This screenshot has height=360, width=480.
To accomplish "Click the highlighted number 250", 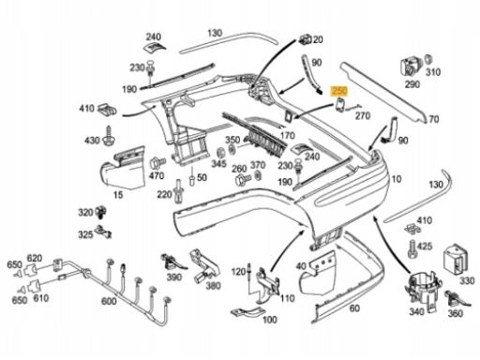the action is [x=339, y=91].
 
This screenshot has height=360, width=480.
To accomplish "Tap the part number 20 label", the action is [x=318, y=39].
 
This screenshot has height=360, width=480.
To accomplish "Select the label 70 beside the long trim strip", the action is [x=434, y=119].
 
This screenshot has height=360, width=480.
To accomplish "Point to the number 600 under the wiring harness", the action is [x=109, y=301].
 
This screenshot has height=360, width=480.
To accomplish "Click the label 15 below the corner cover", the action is [x=118, y=195].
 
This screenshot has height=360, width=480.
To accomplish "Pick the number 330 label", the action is [x=467, y=281].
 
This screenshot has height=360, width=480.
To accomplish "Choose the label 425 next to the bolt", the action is [x=425, y=247].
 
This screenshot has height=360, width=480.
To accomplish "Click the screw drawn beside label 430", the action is [x=110, y=135].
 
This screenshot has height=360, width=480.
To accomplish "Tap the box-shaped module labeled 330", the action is [x=455, y=259].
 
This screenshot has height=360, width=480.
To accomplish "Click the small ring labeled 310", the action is [x=427, y=59].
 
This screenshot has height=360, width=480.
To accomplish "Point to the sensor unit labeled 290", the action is [x=411, y=67].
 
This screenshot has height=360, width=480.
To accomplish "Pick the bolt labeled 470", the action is [x=157, y=163].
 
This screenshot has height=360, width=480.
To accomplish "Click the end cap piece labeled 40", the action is [x=317, y=273].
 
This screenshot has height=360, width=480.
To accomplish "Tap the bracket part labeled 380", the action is [x=203, y=264].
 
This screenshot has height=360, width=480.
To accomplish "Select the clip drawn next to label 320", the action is [x=101, y=212].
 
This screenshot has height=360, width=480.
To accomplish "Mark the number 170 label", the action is [x=288, y=135].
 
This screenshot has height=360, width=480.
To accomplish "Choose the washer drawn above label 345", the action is [x=220, y=153].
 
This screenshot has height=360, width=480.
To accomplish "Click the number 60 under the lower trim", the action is [x=354, y=308].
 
